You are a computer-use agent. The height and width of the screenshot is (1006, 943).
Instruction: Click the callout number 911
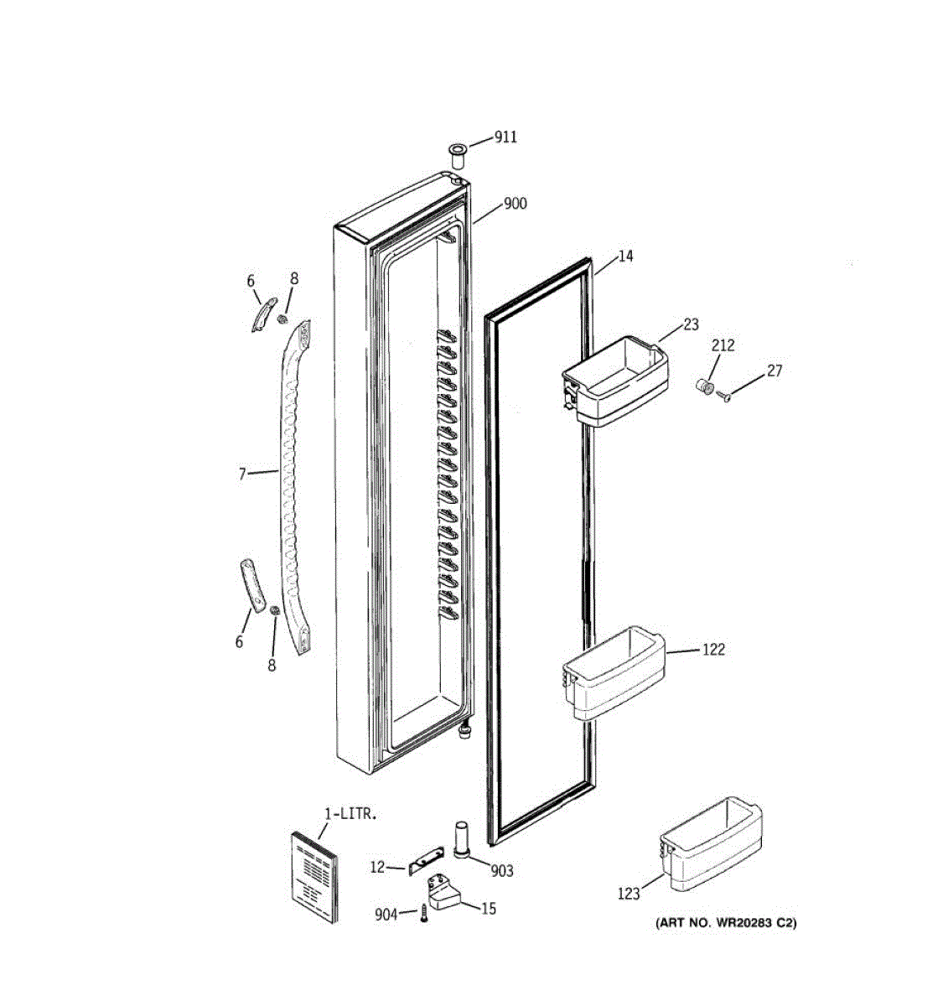[505, 137]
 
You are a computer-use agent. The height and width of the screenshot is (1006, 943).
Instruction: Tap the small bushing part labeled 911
[457, 155]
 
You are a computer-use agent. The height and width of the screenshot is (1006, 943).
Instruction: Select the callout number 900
[515, 204]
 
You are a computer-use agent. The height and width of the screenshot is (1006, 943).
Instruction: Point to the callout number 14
[625, 256]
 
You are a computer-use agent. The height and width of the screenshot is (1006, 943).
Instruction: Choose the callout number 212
[723, 345]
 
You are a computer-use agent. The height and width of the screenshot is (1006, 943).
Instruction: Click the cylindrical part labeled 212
[705, 386]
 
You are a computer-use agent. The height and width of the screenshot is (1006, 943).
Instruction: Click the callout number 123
[629, 894]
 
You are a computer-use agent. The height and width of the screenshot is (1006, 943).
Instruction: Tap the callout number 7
[242, 474]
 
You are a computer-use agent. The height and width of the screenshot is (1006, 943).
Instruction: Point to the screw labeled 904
[425, 915]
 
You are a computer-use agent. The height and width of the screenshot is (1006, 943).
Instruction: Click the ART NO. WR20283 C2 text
[726, 923]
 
